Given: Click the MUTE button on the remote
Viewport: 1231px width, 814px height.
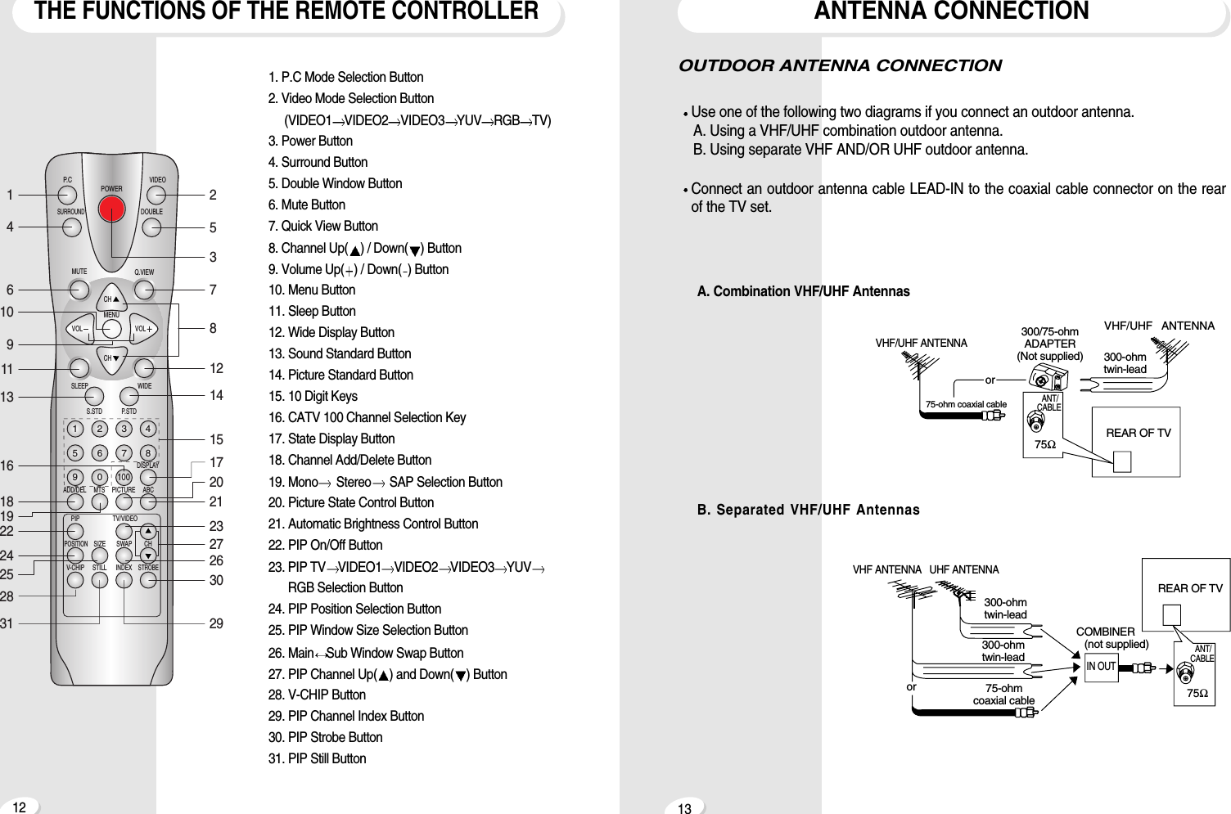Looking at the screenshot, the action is pyautogui.click(x=79, y=290).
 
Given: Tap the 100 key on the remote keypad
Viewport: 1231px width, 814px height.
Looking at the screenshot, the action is pyautogui.click(x=124, y=477).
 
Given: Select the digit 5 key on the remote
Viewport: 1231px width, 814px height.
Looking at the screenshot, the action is pyautogui.click(x=74, y=453).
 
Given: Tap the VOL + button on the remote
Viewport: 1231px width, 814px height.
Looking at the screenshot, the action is pyautogui.click(x=144, y=329).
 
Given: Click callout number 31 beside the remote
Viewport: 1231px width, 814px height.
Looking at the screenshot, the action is pyautogui.click(x=7, y=623).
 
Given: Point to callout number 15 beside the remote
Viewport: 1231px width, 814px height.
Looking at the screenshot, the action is pyautogui.click(x=216, y=439).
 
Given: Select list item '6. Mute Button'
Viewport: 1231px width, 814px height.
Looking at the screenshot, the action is pyautogui.click(x=307, y=205).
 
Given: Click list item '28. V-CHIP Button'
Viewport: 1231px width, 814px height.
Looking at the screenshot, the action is pyautogui.click(x=317, y=695).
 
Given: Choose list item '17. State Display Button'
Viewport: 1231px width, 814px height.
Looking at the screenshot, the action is pyautogui.click(x=331, y=438).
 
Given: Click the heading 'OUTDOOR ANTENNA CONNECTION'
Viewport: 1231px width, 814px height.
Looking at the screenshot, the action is pyautogui.click(x=840, y=65).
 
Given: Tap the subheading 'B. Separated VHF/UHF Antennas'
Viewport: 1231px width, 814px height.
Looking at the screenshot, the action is pyautogui.click(x=808, y=510).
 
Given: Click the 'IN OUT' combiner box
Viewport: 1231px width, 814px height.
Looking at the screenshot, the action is pyautogui.click(x=1101, y=667).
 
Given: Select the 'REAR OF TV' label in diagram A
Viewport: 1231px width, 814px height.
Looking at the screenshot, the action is pyautogui.click(x=1138, y=433).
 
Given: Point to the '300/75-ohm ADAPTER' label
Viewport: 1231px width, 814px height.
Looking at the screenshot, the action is pyautogui.click(x=1049, y=338).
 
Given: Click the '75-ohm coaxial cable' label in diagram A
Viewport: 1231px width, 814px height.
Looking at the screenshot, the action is pyautogui.click(x=966, y=404).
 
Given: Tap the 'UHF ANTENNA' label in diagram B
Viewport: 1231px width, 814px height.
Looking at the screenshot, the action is pyautogui.click(x=964, y=569).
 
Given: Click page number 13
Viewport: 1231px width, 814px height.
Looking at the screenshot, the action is pyautogui.click(x=684, y=808).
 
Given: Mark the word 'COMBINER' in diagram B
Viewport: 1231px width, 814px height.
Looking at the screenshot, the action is pyautogui.click(x=1105, y=632).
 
